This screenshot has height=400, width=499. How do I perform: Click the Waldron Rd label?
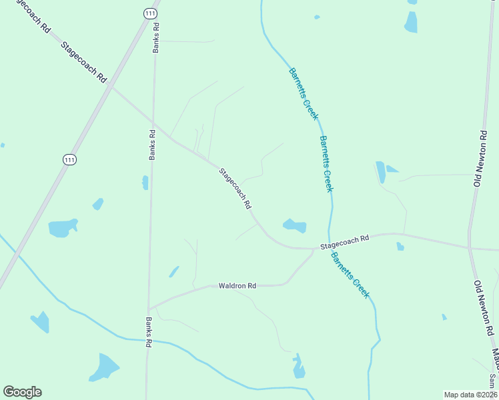[x=237, y=286]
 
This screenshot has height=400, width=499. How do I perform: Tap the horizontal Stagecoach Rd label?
[x=344, y=242]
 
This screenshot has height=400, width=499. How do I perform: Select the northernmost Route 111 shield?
[x=150, y=13]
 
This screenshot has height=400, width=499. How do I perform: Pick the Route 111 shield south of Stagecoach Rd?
[x=70, y=159]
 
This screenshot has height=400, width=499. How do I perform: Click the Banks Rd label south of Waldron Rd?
[x=149, y=331]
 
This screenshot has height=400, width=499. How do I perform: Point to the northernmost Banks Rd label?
[x=157, y=37]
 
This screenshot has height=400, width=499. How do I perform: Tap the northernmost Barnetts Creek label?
[x=304, y=94]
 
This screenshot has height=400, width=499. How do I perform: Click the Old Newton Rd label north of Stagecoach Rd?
[x=480, y=159]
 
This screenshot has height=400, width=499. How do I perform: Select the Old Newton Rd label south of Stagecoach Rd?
[x=484, y=308]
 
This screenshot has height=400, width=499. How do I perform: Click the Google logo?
[x=22, y=392]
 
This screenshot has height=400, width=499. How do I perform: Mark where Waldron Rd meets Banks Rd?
[x=150, y=308]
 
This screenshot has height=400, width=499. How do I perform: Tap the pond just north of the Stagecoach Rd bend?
[x=295, y=225]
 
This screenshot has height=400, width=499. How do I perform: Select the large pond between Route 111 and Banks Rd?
[x=63, y=227]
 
